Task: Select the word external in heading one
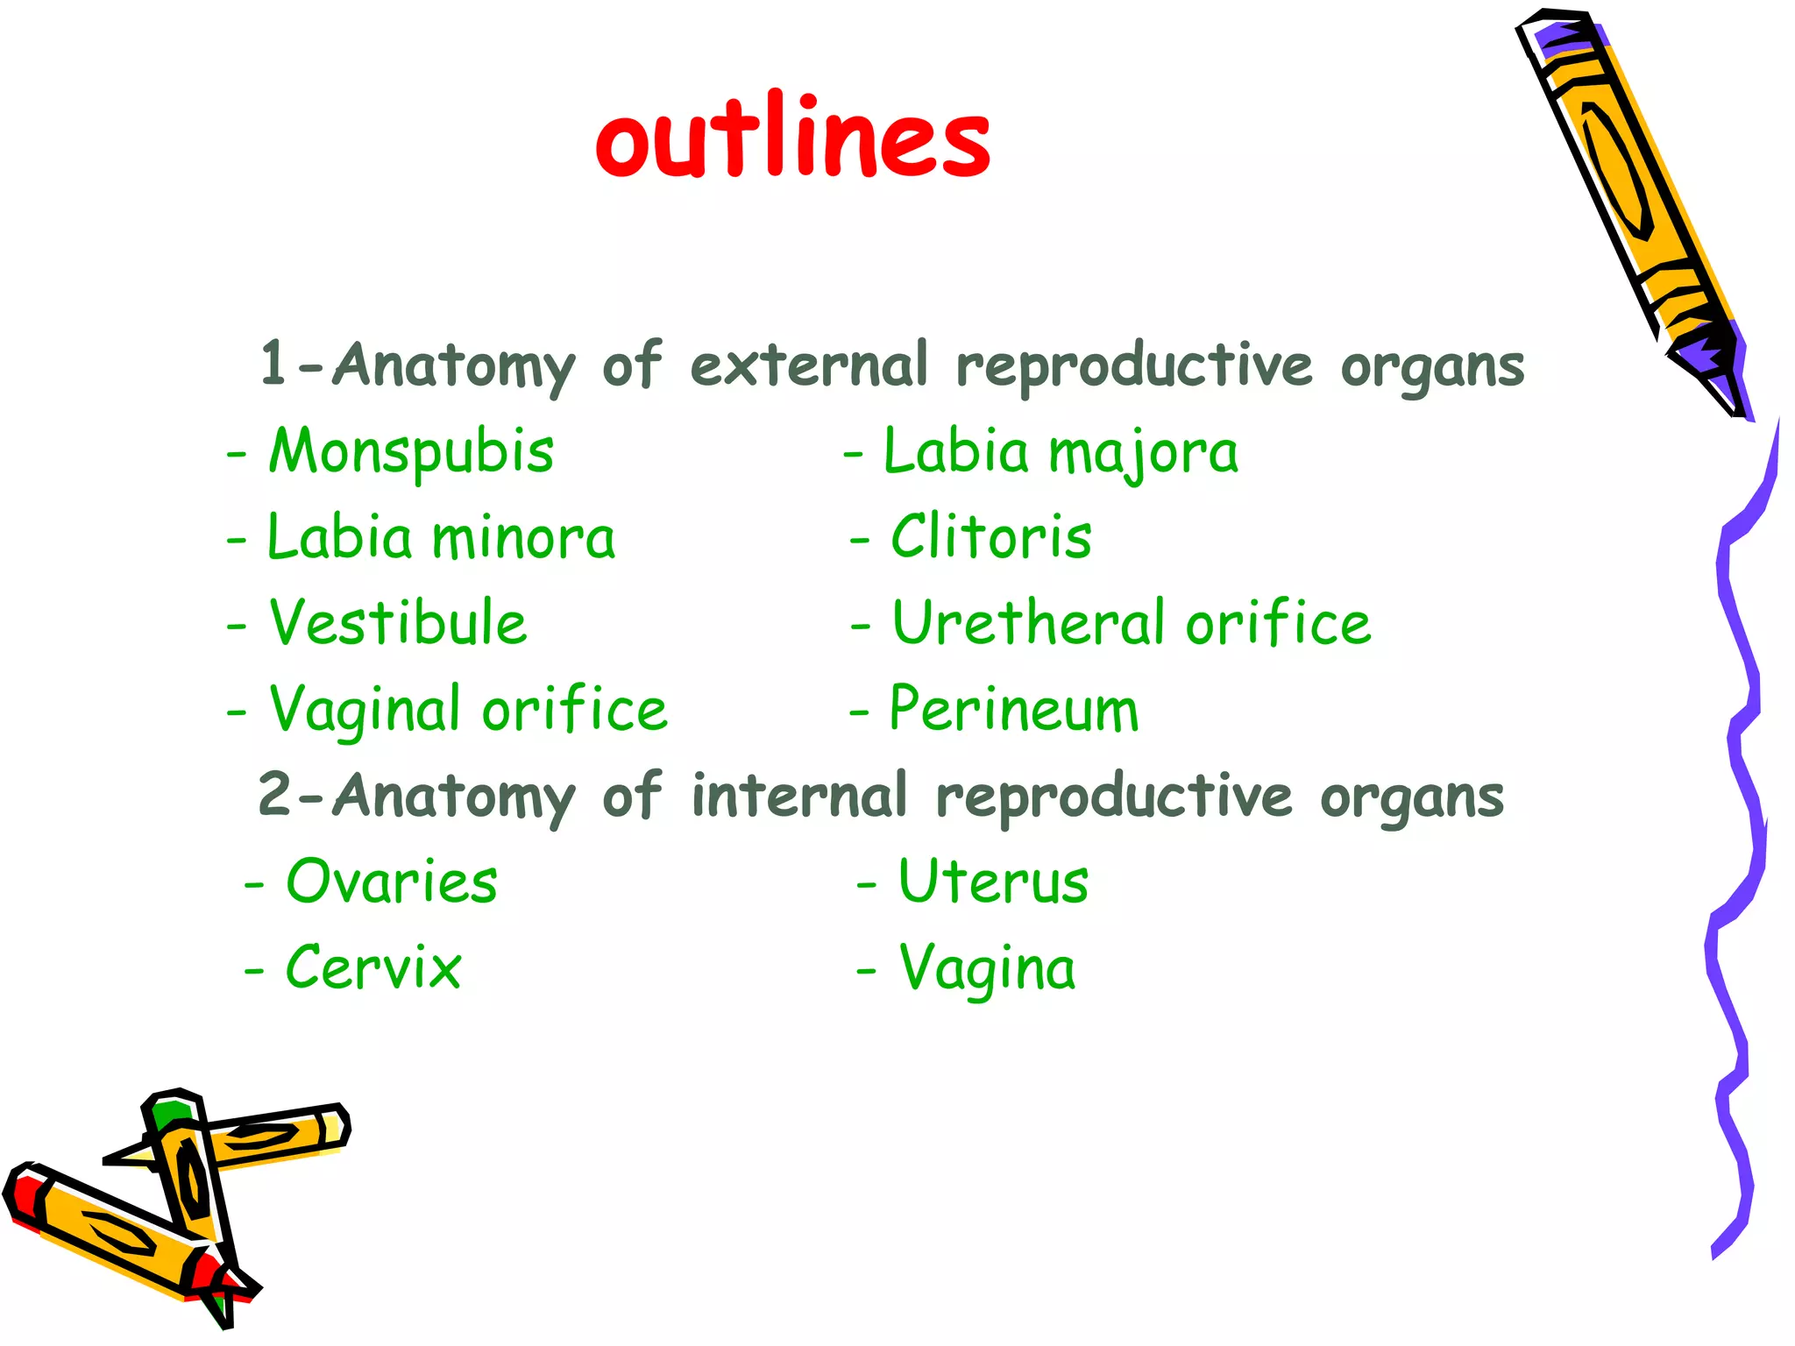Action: [x=808, y=365]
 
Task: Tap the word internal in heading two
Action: [x=798, y=796]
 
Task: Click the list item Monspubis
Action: [x=410, y=452]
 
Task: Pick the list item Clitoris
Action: [x=990, y=536]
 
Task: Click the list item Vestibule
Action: [x=398, y=623]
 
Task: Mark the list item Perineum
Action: [x=1013, y=708]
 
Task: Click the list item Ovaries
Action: [x=391, y=882]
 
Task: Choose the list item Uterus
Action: [x=993, y=882]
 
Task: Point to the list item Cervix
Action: [x=373, y=967]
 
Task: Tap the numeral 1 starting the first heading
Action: [x=273, y=363]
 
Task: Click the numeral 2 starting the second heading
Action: [x=274, y=794]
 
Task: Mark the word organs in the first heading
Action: [x=1432, y=366]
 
